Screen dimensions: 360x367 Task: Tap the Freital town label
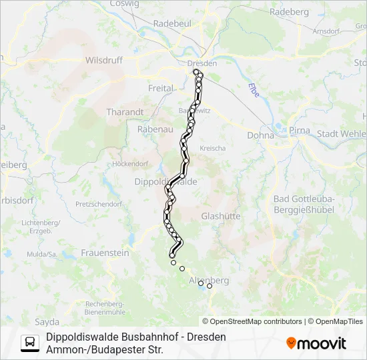(x=160, y=88)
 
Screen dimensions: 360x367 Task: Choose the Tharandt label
(x=125, y=113)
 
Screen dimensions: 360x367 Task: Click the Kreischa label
(x=213, y=147)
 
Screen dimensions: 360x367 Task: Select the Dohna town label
(x=260, y=135)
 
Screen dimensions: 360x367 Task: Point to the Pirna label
(x=300, y=130)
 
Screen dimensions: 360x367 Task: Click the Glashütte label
(x=221, y=216)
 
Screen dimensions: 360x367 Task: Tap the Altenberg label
(x=209, y=281)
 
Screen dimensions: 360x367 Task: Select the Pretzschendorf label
(x=98, y=203)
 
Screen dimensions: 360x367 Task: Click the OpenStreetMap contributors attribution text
(x=253, y=321)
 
